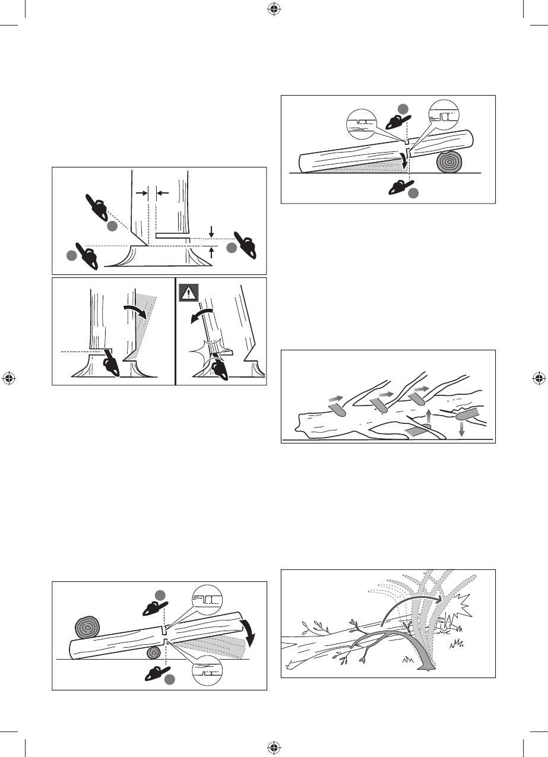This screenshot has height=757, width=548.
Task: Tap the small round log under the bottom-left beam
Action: click(153, 653)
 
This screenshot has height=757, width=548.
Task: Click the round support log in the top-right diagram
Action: click(451, 161)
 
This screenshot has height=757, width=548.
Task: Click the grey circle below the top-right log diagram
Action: click(414, 194)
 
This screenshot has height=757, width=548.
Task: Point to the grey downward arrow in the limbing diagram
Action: click(462, 426)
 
